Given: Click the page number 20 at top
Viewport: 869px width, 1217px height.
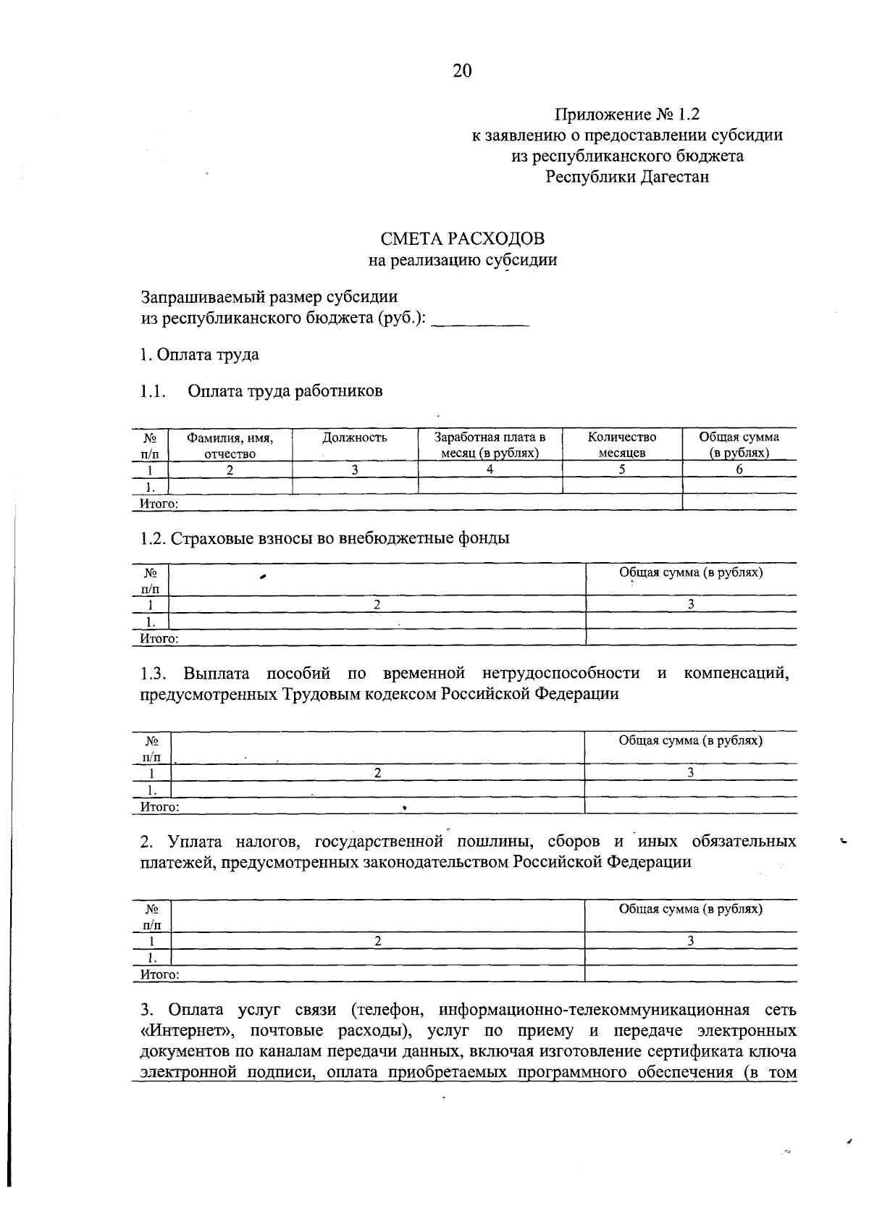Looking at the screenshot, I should click(462, 70).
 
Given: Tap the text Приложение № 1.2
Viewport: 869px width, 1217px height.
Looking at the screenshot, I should click(628, 114).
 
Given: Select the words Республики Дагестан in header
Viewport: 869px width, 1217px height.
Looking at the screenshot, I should click(627, 177).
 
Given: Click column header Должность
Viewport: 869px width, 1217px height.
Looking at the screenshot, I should click(355, 438).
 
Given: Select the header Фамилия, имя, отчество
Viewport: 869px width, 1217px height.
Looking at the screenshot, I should click(230, 446).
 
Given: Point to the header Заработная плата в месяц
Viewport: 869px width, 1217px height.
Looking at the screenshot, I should click(490, 446).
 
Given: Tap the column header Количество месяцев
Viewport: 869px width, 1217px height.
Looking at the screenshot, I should click(622, 446).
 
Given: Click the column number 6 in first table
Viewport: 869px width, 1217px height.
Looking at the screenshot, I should click(739, 469).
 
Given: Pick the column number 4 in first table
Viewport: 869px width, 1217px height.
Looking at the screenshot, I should click(490, 469).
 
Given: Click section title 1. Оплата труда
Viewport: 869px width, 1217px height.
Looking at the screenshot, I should click(199, 355).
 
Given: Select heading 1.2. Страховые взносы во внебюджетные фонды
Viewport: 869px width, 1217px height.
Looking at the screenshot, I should click(324, 538).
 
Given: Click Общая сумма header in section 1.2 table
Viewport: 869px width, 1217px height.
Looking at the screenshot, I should click(691, 572).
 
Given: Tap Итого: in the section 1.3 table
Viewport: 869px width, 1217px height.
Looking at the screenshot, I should click(159, 806).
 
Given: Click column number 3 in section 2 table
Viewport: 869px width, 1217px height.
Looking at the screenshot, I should click(691, 941).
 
